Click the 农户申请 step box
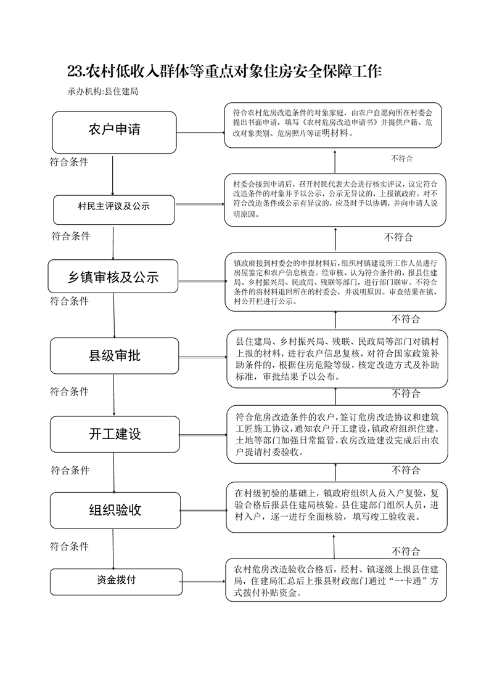click(114, 132)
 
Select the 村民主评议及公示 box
click(114, 210)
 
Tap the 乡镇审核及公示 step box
click(113, 277)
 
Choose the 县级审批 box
click(114, 355)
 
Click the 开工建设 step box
click(115, 435)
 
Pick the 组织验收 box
click(115, 511)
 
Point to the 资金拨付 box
click(116, 582)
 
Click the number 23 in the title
click(75, 71)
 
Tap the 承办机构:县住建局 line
click(103, 92)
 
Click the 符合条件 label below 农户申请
click(69, 162)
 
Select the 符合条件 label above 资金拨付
click(69, 546)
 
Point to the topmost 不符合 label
click(401, 159)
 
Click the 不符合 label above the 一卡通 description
click(406, 551)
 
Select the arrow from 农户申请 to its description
click(200, 133)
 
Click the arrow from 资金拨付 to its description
click(204, 581)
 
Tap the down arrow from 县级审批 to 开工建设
click(114, 395)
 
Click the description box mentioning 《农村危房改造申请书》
click(333, 126)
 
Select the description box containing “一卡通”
click(336, 580)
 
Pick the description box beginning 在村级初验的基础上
click(337, 507)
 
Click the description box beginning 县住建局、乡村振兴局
click(337, 358)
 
